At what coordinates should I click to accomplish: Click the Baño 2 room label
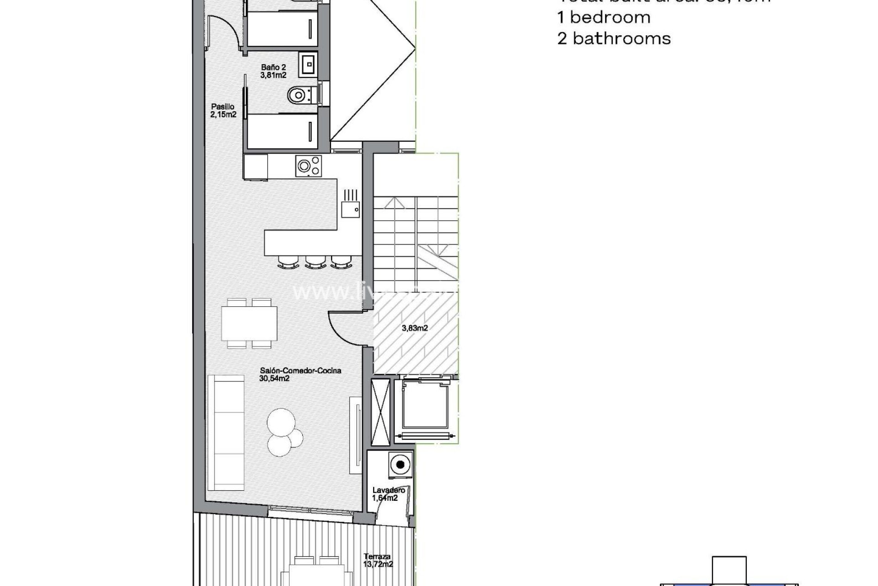click(273, 71)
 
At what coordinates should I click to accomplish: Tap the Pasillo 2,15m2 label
click(223, 111)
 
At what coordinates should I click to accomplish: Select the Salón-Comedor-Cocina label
click(300, 374)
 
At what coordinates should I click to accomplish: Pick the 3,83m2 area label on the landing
click(415, 328)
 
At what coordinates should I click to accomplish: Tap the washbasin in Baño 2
click(308, 64)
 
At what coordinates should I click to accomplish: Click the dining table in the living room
click(249, 323)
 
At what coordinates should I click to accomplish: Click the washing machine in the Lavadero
click(400, 465)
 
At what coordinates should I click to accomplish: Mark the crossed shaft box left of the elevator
click(380, 405)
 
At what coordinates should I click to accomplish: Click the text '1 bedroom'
click(604, 17)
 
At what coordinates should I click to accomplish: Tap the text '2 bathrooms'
click(614, 38)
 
